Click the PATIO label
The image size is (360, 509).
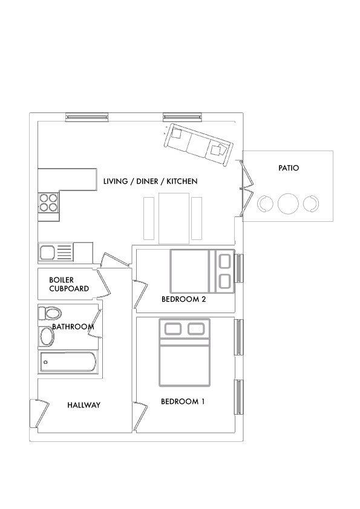tap(288, 170)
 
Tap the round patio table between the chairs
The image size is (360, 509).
tap(288, 203)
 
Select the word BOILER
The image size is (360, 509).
tap(62, 280)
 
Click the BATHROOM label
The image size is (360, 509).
tap(73, 327)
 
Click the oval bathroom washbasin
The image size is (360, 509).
tap(46, 336)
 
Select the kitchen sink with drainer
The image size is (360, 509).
tap(56, 251)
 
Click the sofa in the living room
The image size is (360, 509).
tap(197, 144)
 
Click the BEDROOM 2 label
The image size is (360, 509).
tap(184, 299)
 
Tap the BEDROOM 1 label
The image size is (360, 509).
tap(183, 401)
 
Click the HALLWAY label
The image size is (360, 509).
tap(83, 405)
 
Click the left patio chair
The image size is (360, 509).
tap(264, 203)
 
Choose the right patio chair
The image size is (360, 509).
tap(311, 203)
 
